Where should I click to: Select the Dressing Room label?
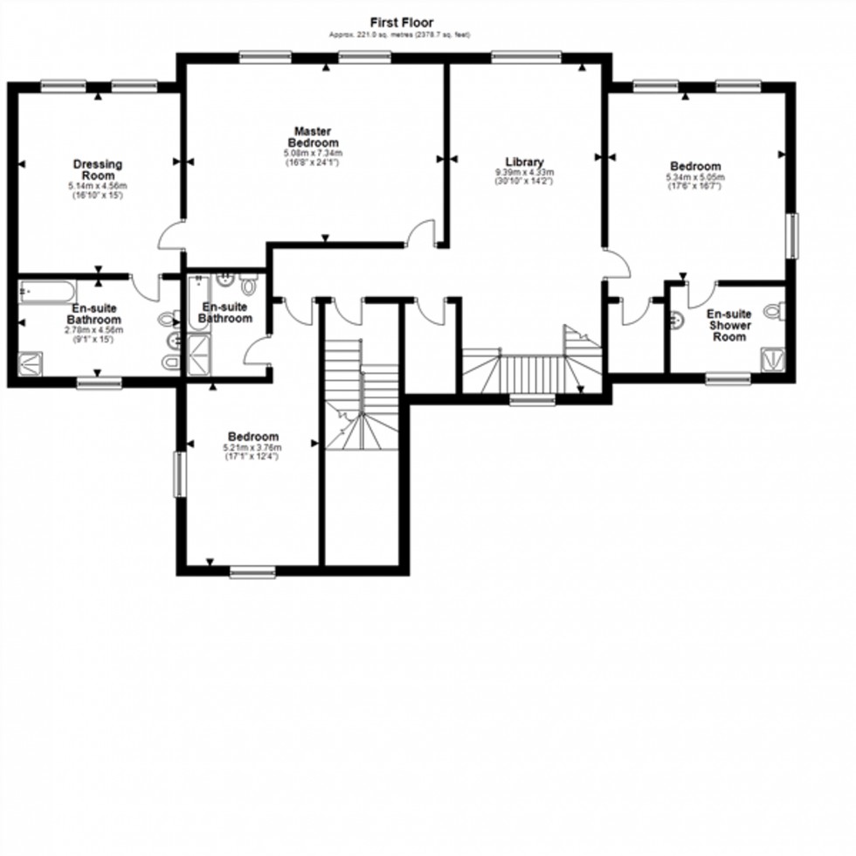[97, 169]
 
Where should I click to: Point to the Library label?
[525, 162]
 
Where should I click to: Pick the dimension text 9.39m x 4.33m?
[525, 173]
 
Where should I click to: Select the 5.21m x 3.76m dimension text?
[253, 448]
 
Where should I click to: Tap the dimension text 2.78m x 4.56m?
[96, 330]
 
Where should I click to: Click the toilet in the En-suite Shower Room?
[774, 311]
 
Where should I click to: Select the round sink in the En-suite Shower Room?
[675, 320]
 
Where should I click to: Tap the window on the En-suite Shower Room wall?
[728, 378]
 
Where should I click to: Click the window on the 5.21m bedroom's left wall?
[179, 473]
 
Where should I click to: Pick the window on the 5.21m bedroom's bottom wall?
[252, 572]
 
